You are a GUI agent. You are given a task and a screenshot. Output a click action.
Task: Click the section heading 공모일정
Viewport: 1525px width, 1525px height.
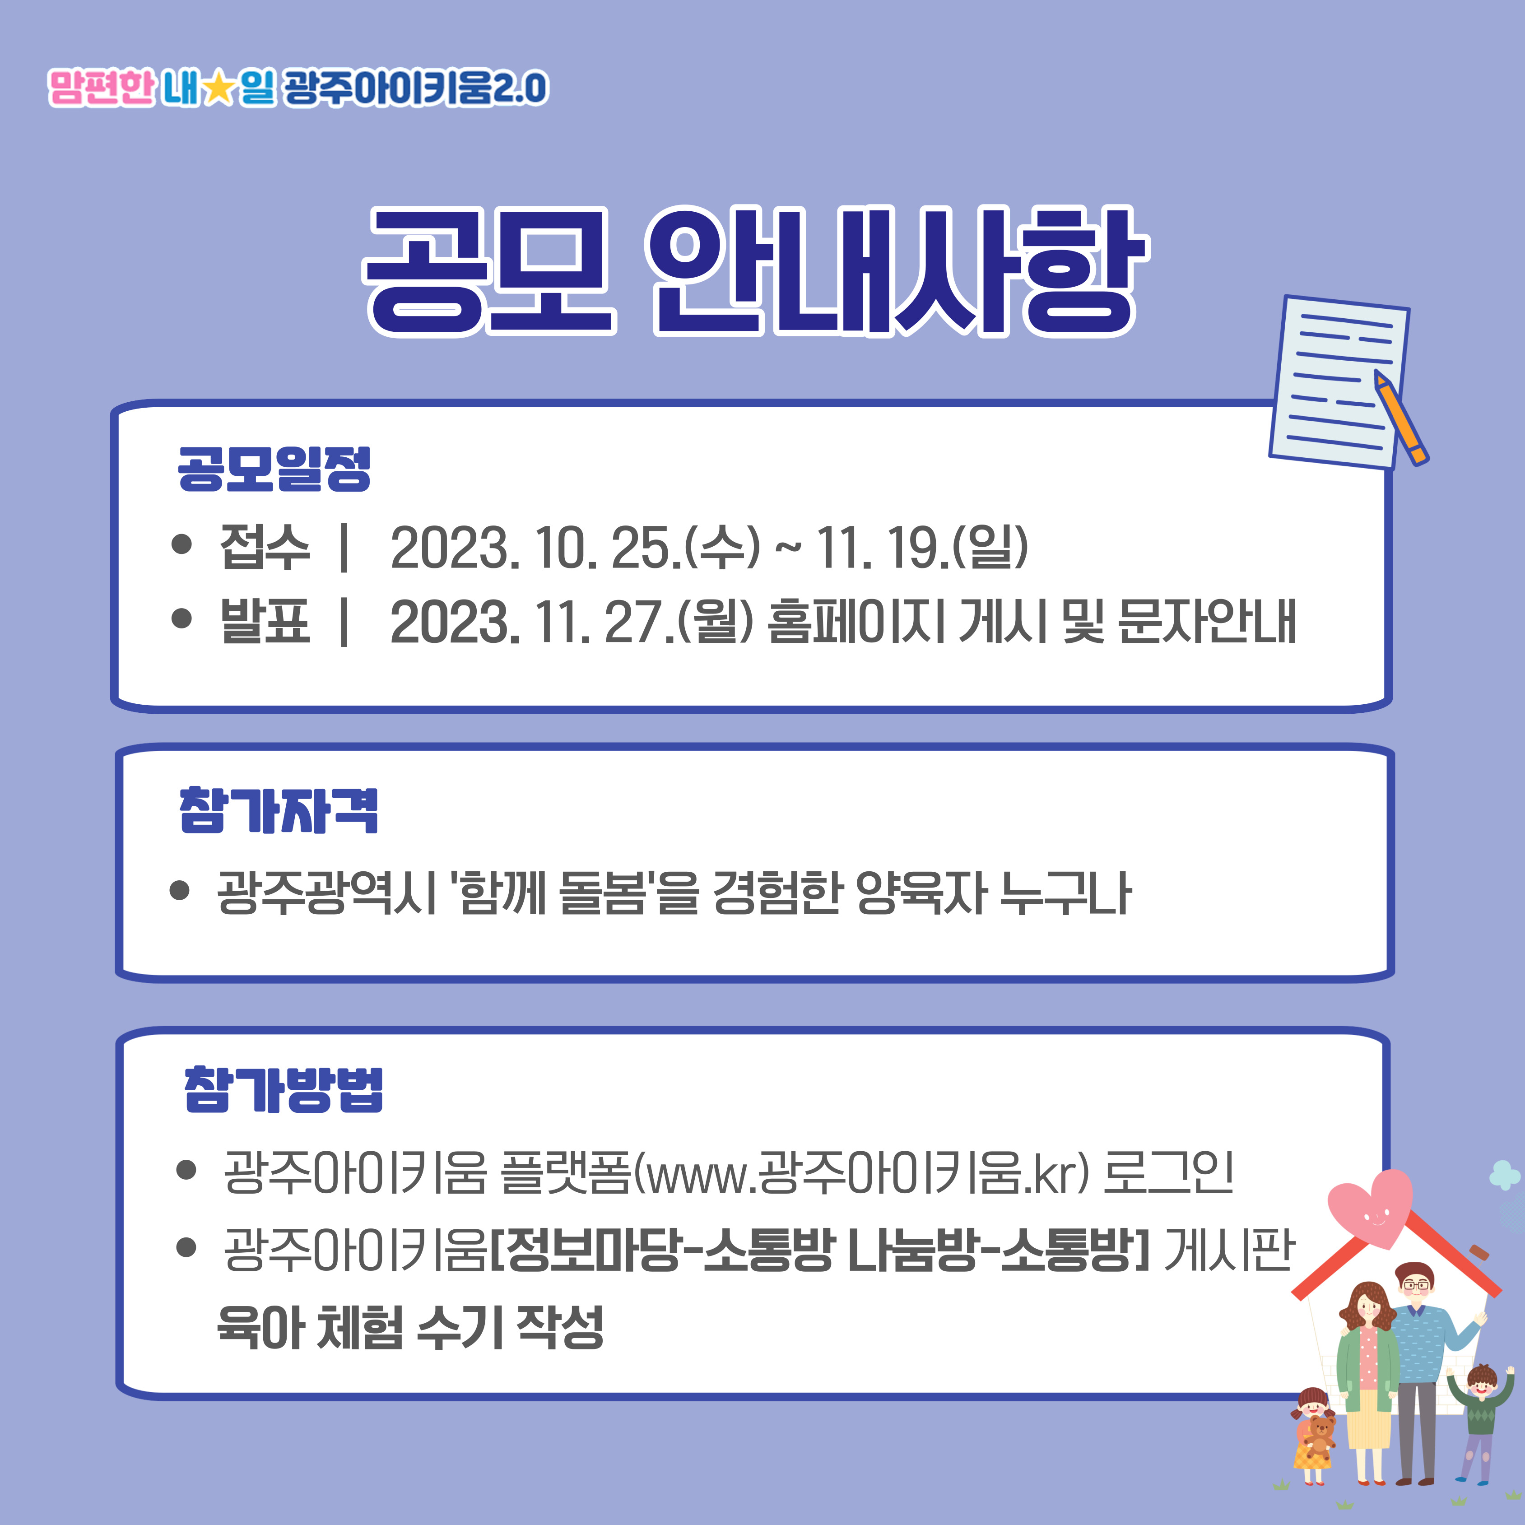pos(274,469)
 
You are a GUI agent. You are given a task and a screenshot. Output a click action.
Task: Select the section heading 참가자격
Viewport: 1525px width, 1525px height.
pos(279,811)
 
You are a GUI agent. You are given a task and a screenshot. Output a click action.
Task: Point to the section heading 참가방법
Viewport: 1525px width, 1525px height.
pos(284,1090)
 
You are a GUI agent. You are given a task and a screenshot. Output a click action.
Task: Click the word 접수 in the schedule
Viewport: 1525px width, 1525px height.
pos(265,547)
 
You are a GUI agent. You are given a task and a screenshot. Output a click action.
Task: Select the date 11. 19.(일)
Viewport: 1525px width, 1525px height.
pos(922,547)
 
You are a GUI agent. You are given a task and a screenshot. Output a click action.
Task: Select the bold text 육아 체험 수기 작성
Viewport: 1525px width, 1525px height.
pos(410,1327)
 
